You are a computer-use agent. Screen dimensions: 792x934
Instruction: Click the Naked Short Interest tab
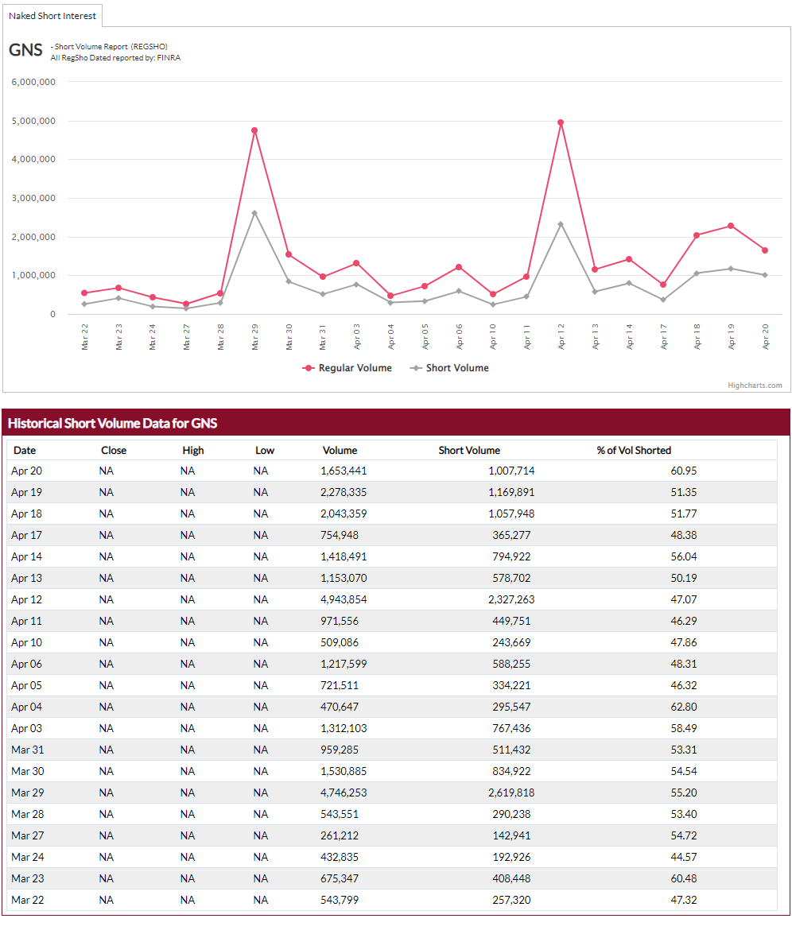click(x=52, y=16)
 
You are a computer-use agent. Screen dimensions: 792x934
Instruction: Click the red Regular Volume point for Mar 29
click(x=254, y=130)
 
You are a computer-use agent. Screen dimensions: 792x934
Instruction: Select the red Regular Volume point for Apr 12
click(x=561, y=122)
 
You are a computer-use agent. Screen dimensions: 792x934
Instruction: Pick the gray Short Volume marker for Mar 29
click(x=254, y=213)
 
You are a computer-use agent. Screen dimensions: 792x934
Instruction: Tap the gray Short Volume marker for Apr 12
click(x=561, y=224)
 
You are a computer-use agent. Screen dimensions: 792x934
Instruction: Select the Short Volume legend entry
click(x=449, y=368)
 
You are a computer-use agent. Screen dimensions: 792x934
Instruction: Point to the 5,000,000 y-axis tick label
click(x=33, y=121)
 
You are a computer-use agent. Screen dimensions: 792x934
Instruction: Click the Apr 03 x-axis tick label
click(x=357, y=336)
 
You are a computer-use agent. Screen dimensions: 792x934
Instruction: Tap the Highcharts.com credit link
click(x=755, y=386)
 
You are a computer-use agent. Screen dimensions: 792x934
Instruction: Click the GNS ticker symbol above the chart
click(x=25, y=50)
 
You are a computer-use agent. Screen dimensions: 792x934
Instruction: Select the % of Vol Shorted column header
click(x=634, y=451)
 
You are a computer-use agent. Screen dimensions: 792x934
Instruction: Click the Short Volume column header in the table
click(x=469, y=451)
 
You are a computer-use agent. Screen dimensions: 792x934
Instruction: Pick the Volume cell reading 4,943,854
click(x=344, y=599)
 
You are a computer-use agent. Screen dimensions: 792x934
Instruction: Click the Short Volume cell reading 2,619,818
click(x=511, y=793)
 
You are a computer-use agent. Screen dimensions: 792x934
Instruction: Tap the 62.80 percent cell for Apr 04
click(x=684, y=707)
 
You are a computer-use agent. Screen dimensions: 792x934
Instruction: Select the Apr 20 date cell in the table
click(x=27, y=471)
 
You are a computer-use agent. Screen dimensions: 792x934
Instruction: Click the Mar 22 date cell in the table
click(x=27, y=900)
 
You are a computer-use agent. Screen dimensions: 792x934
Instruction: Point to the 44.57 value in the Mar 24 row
click(x=684, y=857)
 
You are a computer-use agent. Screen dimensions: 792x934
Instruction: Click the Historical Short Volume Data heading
click(x=113, y=424)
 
